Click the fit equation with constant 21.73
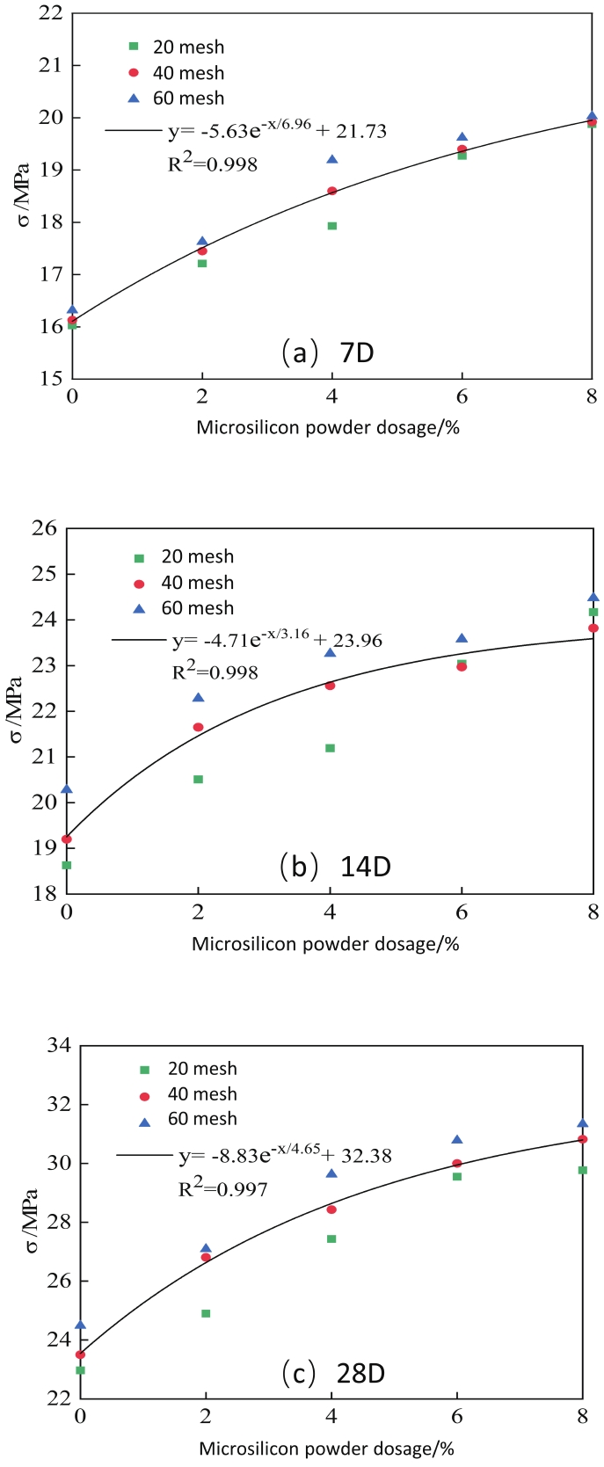tap(277, 131)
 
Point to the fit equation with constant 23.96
tap(276, 640)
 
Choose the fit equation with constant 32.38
tap(285, 1154)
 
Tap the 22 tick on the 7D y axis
tap(50, 13)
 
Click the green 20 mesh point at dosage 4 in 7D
tap(332, 226)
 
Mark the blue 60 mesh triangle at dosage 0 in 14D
tap(67, 789)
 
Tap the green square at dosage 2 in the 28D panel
tap(206, 1313)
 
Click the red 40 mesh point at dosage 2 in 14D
tap(198, 727)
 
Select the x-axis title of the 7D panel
tap(328, 428)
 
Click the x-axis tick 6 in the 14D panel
tap(462, 912)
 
